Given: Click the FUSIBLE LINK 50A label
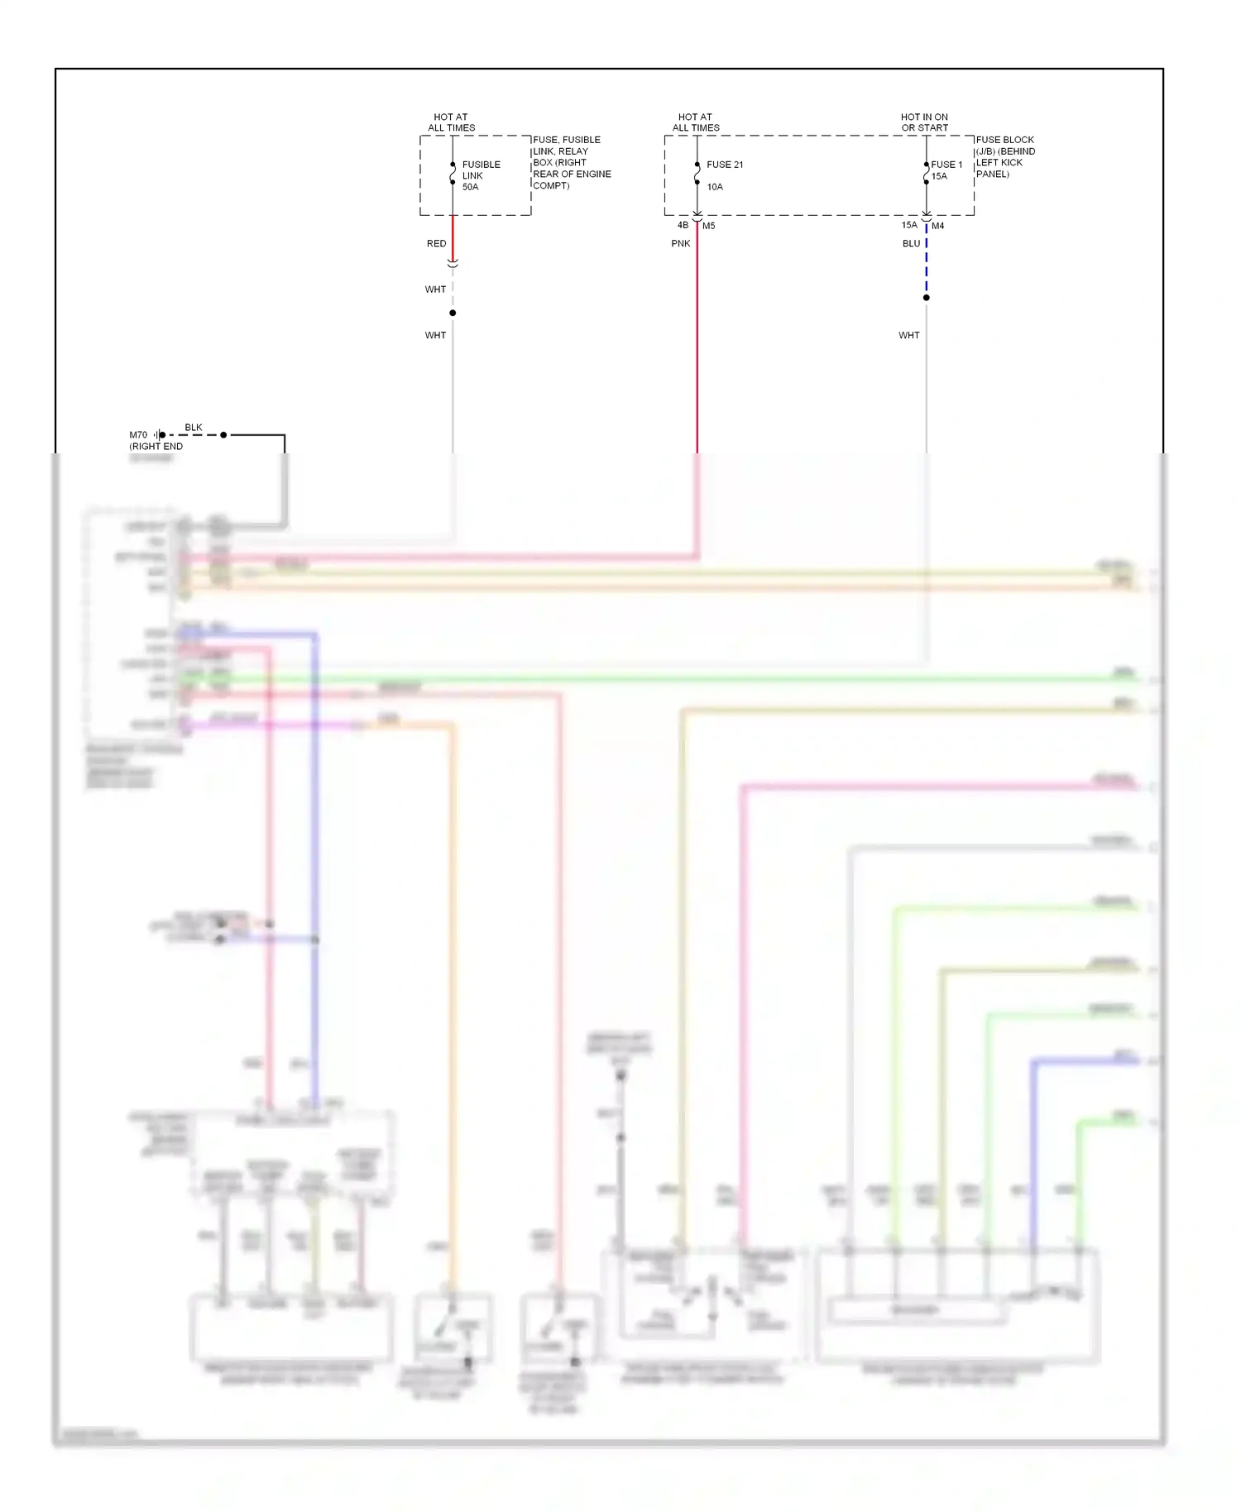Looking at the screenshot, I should [481, 175].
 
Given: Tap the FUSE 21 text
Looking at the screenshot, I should [725, 165].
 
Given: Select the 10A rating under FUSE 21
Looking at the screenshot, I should [715, 187].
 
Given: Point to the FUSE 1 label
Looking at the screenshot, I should [946, 165].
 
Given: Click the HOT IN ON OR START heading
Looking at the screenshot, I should [924, 122].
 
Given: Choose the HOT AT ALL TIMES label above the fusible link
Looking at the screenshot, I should [451, 122].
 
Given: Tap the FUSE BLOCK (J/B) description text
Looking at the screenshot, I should [1004, 157].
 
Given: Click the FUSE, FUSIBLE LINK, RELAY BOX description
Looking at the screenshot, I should [571, 163].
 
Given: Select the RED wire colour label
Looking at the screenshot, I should [436, 244].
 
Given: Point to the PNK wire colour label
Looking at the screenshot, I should [680, 244].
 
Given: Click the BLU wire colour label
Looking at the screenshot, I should [911, 244].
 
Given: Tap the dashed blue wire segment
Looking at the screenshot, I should [927, 265].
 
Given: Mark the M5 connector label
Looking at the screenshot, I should [709, 226].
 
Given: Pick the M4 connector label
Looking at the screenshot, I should [938, 226].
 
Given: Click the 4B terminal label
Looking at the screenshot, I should [683, 225].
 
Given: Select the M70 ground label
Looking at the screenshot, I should [138, 435].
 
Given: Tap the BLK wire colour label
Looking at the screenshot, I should [194, 428].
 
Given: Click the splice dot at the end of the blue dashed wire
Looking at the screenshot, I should [927, 298].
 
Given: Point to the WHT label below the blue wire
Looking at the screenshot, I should [908, 336].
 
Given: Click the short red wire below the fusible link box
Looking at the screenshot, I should [453, 237].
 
